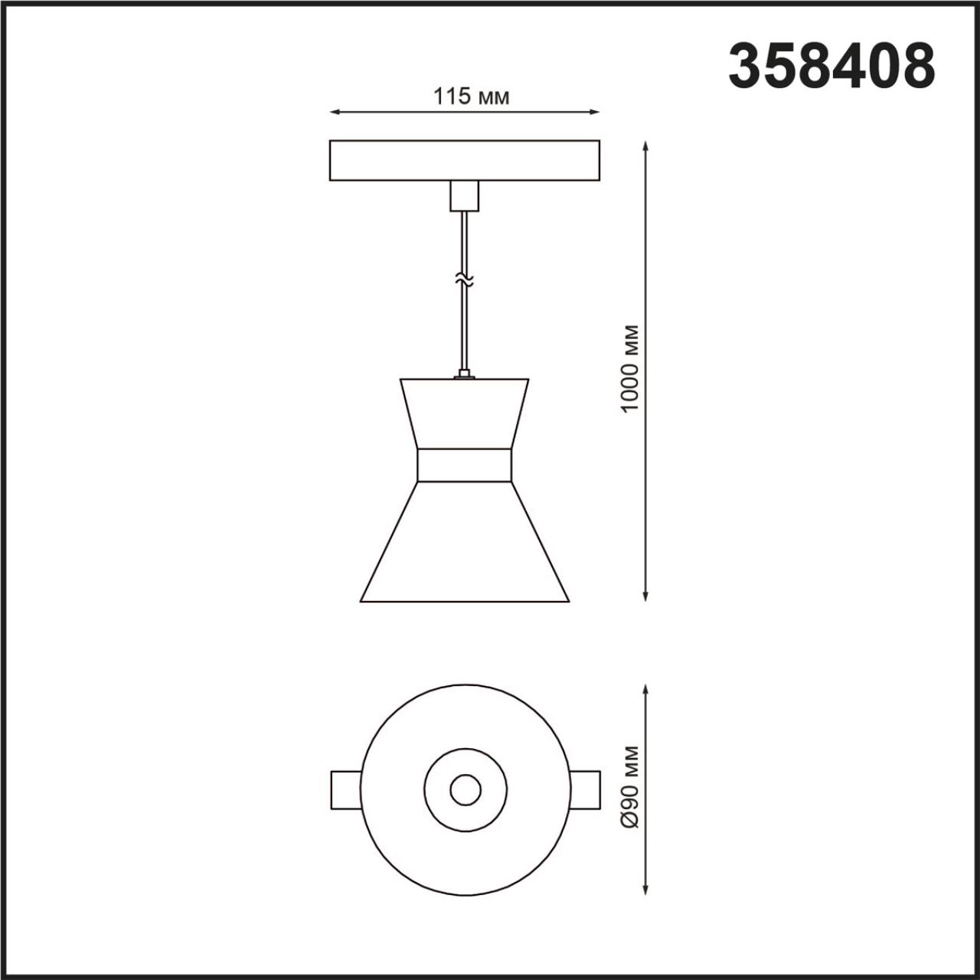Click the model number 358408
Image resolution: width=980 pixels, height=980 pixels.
click(x=831, y=67)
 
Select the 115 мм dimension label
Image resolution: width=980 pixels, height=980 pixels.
click(x=471, y=97)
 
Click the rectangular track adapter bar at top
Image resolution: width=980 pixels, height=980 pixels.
click(x=464, y=160)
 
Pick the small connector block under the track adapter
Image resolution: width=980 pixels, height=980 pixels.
click(x=464, y=196)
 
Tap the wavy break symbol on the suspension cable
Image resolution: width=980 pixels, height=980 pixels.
click(x=464, y=280)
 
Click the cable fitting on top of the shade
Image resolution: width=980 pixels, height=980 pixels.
click(x=464, y=374)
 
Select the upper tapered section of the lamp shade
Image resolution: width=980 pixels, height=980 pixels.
click(x=464, y=413)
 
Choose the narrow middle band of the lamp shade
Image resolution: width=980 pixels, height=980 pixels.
click(x=464, y=465)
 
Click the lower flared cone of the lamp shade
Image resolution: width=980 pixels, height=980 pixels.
click(x=464, y=544)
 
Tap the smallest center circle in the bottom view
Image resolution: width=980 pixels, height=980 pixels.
click(x=465, y=789)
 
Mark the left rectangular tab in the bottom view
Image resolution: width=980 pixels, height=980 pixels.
click(x=345, y=789)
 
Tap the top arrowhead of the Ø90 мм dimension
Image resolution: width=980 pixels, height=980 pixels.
click(x=647, y=690)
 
